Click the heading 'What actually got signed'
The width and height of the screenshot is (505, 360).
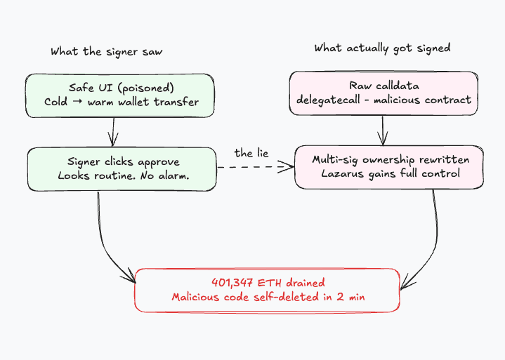point(382,48)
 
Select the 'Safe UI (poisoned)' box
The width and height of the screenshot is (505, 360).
point(119,94)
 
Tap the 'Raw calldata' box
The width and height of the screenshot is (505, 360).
point(383,93)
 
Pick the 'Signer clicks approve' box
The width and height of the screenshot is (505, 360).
point(122,168)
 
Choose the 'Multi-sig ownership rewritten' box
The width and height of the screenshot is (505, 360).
point(389,167)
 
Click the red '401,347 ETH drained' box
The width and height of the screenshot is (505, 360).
point(268,290)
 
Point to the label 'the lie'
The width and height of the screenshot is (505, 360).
point(251,153)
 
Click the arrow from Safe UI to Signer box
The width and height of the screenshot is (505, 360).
point(113,131)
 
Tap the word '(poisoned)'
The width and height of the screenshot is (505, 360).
point(147,88)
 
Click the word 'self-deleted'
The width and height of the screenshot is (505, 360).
point(287,297)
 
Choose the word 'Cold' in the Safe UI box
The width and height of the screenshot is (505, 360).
point(55,101)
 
